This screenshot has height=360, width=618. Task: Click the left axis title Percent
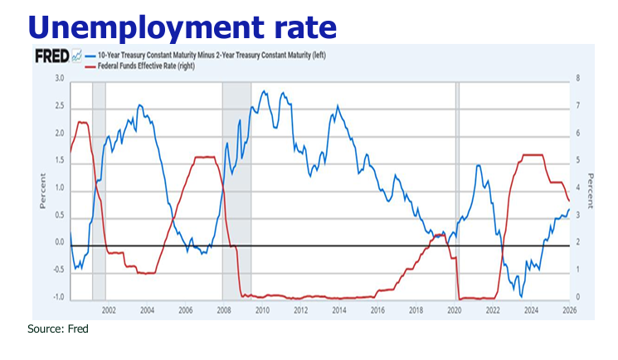42,189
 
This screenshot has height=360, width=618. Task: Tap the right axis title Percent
590,189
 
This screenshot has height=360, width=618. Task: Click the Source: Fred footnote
58,328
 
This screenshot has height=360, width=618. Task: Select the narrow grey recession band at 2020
457,191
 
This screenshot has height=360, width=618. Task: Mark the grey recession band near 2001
98,191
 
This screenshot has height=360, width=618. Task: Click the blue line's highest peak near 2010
263,91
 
